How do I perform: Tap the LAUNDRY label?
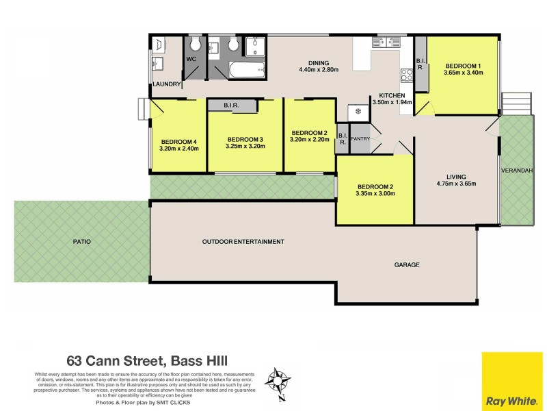166,85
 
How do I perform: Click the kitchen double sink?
386,42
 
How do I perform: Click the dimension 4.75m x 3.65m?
456,184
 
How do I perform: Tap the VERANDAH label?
516,171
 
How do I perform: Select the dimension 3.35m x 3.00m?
375,193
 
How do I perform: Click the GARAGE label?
407,264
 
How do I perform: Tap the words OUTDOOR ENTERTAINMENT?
243,242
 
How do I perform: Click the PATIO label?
83,242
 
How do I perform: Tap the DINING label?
318,62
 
